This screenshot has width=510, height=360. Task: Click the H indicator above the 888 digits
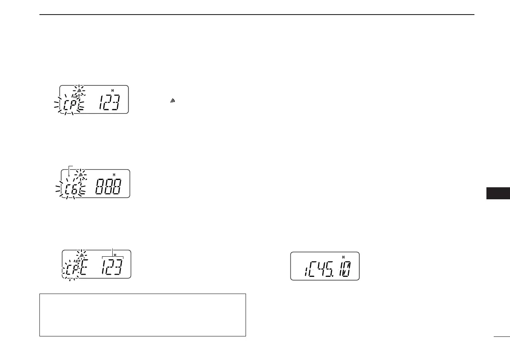click(x=114, y=174)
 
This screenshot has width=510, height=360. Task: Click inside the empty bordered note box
click(x=142, y=315)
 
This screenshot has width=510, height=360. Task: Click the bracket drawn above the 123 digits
click(x=112, y=256)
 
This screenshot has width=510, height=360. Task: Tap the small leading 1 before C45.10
click(x=303, y=272)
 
